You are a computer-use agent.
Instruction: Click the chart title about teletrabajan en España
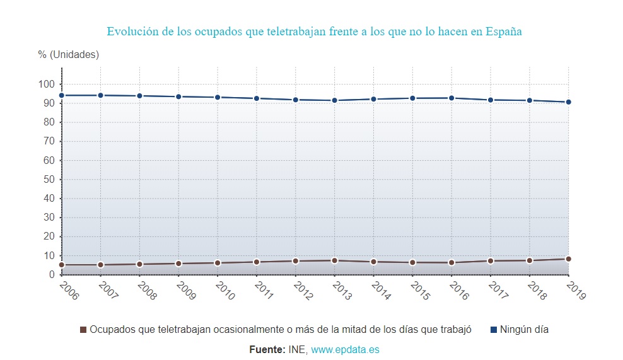click(314, 32)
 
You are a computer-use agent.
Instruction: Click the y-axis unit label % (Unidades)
click(68, 55)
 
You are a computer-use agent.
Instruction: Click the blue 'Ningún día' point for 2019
click(568, 102)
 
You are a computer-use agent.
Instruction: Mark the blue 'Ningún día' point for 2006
click(62, 95)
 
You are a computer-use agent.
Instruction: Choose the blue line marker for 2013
click(334, 100)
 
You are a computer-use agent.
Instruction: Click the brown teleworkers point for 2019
click(568, 259)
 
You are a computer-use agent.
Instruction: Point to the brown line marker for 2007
click(100, 265)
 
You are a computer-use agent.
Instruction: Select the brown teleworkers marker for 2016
click(451, 262)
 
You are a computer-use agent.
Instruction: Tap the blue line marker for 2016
click(451, 98)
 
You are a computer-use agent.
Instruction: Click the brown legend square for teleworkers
click(83, 330)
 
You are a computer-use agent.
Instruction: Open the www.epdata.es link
click(345, 349)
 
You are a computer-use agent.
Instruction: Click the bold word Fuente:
click(267, 349)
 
